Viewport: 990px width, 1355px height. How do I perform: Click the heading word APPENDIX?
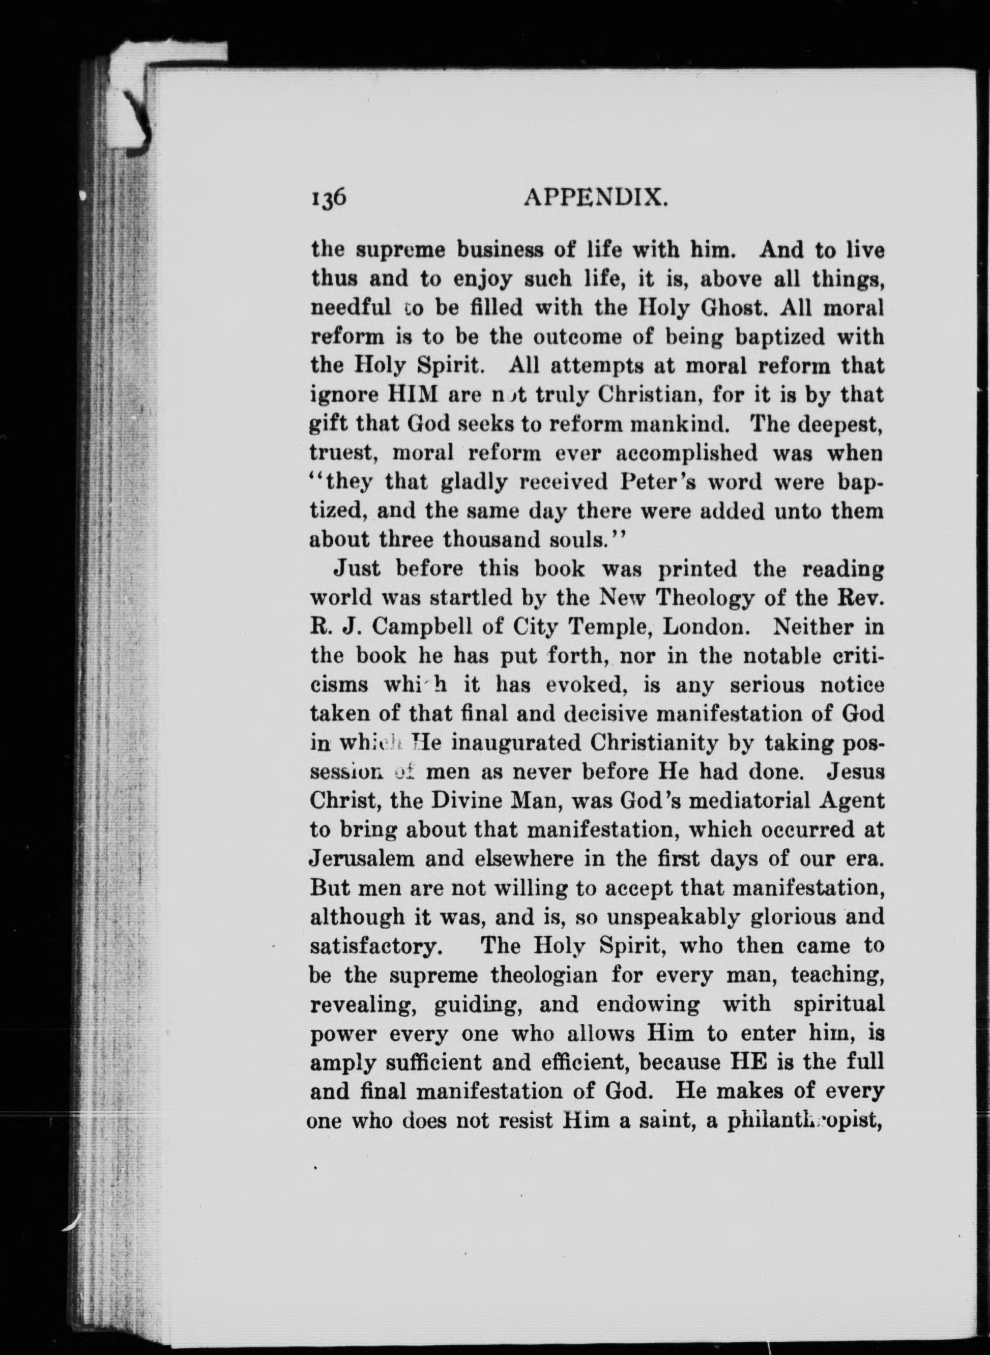coord(596,196)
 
